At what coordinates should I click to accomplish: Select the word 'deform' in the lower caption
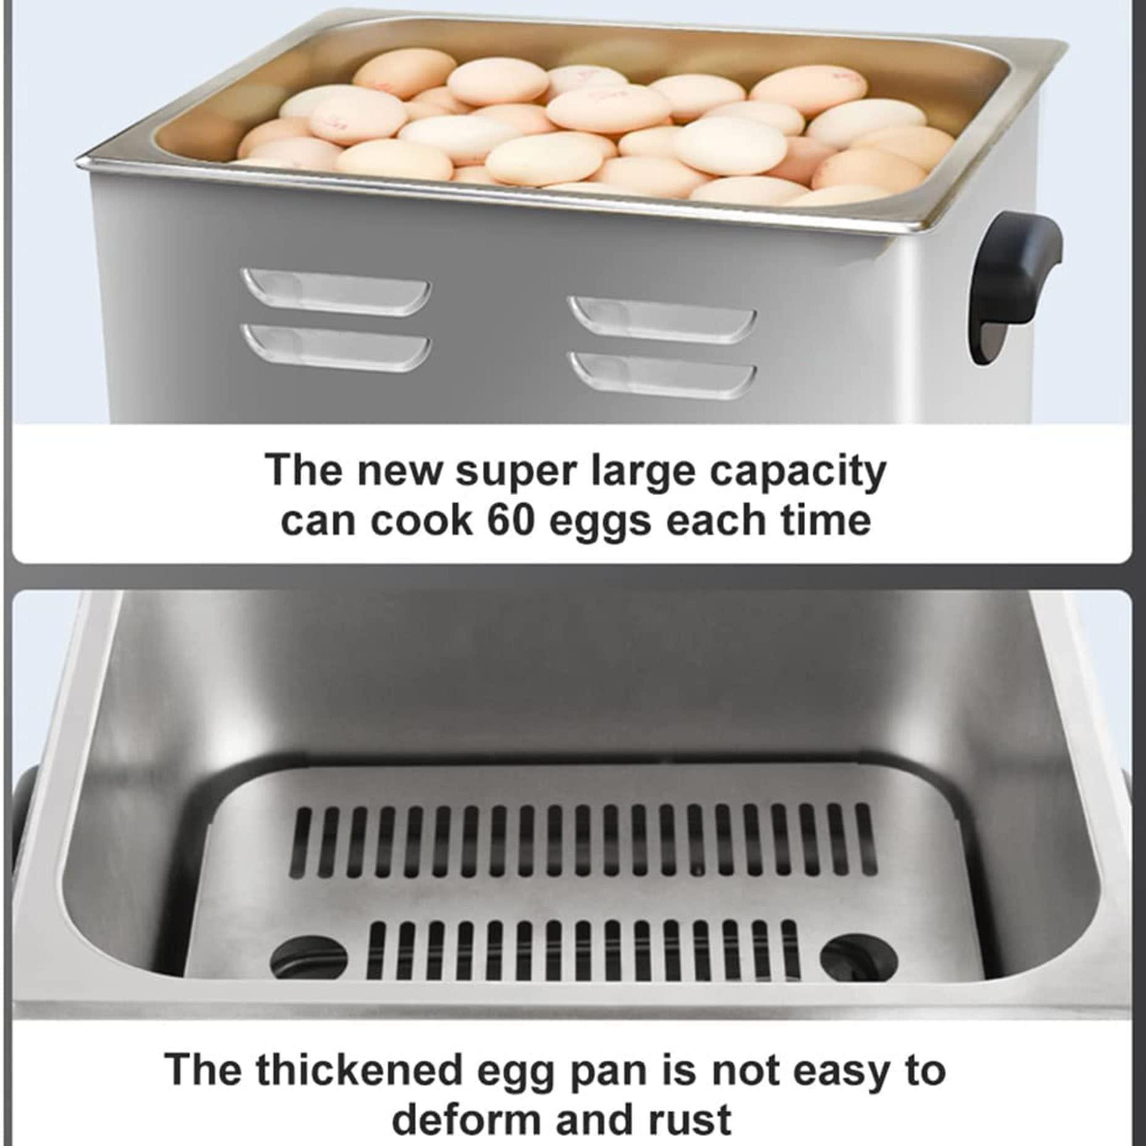coord(467,1119)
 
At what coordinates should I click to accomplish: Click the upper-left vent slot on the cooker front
coord(337,291)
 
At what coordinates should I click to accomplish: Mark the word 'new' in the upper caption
coord(399,471)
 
